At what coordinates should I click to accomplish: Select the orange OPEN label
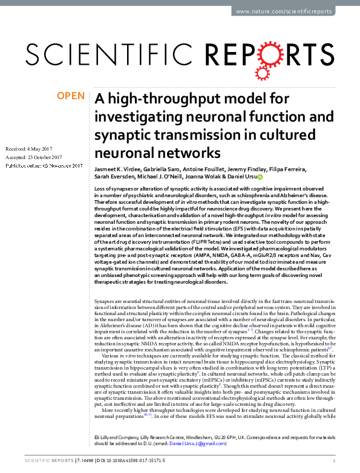(x=71, y=96)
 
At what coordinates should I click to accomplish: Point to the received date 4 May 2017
(x=36, y=148)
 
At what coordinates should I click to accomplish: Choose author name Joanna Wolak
(x=209, y=178)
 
